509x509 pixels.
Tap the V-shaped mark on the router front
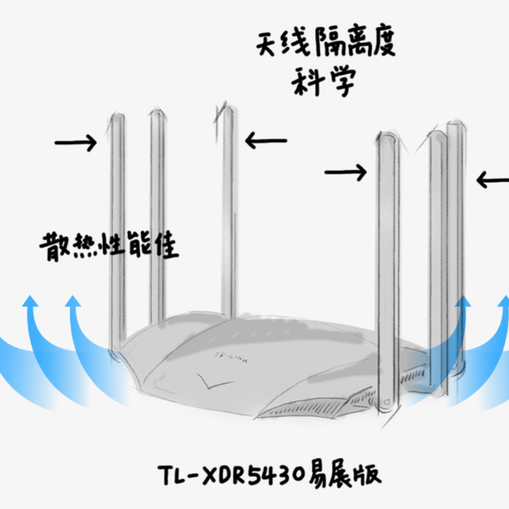coord(207,380)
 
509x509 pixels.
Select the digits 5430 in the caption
coord(278,475)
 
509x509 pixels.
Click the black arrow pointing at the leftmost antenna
coord(76,143)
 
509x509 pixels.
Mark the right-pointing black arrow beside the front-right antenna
coord(345,171)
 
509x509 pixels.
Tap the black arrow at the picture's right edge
coord(492,181)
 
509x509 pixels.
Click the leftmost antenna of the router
coord(117,229)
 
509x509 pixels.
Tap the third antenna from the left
coord(226,210)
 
